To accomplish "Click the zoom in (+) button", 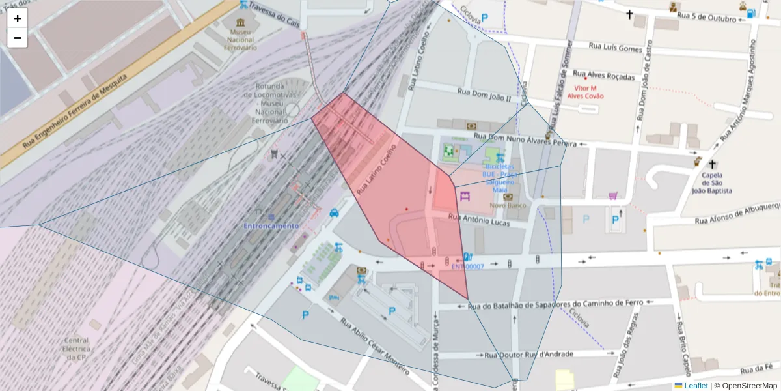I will [x=18, y=18].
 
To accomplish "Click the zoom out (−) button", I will [x=18, y=38].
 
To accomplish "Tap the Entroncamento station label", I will [x=271, y=225].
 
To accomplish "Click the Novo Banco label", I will [x=508, y=206].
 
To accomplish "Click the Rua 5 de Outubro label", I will [x=706, y=18].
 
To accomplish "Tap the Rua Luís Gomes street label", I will [x=615, y=47].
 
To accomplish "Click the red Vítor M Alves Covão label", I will [x=585, y=92].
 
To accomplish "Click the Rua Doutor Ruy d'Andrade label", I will [x=528, y=355].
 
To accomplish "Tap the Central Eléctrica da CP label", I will [x=76, y=349].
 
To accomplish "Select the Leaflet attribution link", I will [x=696, y=386].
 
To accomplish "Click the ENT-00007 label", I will [x=467, y=267].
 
